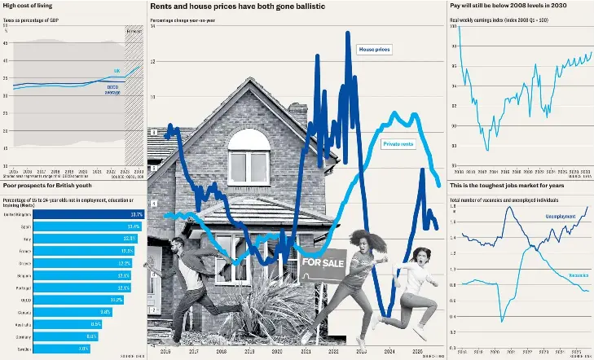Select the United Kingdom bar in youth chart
pos(73,214)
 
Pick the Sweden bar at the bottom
pos(46,348)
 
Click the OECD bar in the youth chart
pos(62,300)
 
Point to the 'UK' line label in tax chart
pos(117,71)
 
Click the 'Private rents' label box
pos(398,143)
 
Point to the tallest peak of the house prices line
pos(348,33)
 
